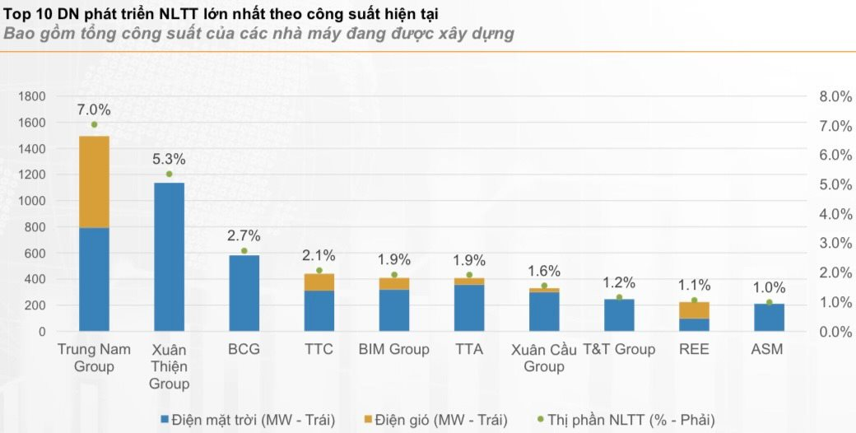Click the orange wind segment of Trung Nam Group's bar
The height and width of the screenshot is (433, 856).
(94, 182)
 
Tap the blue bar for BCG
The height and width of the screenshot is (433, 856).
(244, 293)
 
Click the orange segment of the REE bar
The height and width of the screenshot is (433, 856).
(694, 310)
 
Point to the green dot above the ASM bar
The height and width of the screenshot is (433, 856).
(770, 302)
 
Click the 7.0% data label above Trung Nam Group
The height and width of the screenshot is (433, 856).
(94, 109)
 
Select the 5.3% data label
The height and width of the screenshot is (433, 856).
(169, 159)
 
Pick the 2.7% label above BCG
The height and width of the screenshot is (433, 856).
(244, 235)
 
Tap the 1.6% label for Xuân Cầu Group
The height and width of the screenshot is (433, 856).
(544, 271)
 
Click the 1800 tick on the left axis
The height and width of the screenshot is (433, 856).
(32, 96)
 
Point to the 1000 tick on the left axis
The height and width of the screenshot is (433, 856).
(32, 201)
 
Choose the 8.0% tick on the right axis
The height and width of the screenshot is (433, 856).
(835, 96)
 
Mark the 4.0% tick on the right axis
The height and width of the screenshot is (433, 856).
(835, 214)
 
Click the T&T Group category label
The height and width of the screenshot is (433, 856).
(619, 349)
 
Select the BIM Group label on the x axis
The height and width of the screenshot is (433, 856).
(393, 349)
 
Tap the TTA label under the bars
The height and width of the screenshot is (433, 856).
(469, 349)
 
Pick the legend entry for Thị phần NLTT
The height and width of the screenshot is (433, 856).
(625, 420)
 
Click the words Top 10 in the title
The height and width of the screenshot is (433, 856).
(27, 14)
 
